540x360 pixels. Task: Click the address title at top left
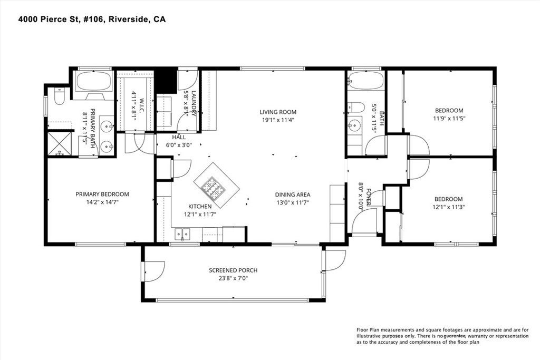(92, 20)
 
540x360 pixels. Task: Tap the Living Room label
(278, 112)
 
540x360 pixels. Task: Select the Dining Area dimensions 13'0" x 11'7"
(292, 203)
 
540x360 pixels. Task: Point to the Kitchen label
(200, 207)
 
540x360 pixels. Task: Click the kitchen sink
(182, 235)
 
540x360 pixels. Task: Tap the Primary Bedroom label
(102, 194)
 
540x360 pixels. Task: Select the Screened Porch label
(233, 270)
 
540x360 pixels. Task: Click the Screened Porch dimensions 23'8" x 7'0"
(233, 278)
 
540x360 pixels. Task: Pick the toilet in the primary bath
(59, 96)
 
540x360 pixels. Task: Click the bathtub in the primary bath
(93, 81)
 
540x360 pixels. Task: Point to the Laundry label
(193, 104)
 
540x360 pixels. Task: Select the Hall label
(179, 138)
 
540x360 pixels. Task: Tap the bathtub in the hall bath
(365, 81)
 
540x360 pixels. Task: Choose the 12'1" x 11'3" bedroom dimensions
(449, 207)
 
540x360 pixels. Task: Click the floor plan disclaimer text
(442, 336)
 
